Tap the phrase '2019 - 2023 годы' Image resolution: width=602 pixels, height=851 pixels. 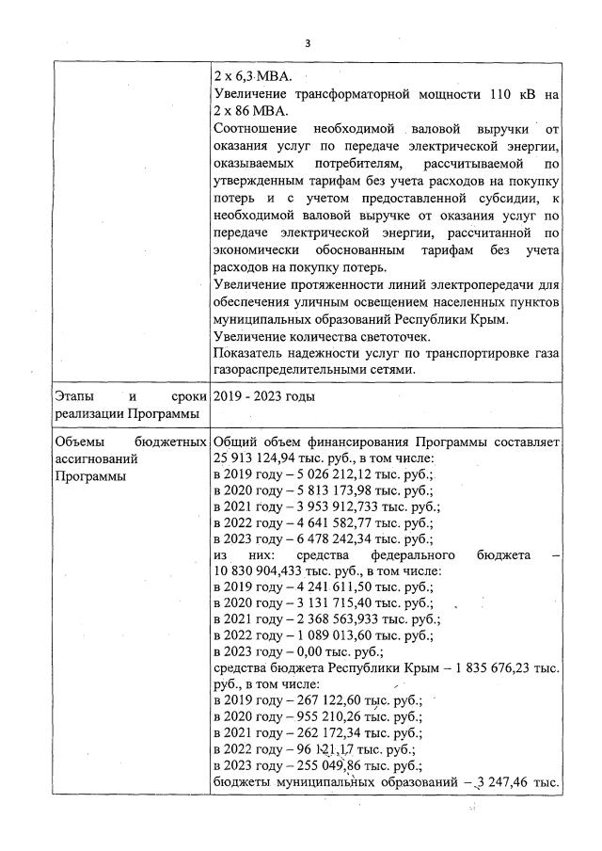[x=264, y=396]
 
